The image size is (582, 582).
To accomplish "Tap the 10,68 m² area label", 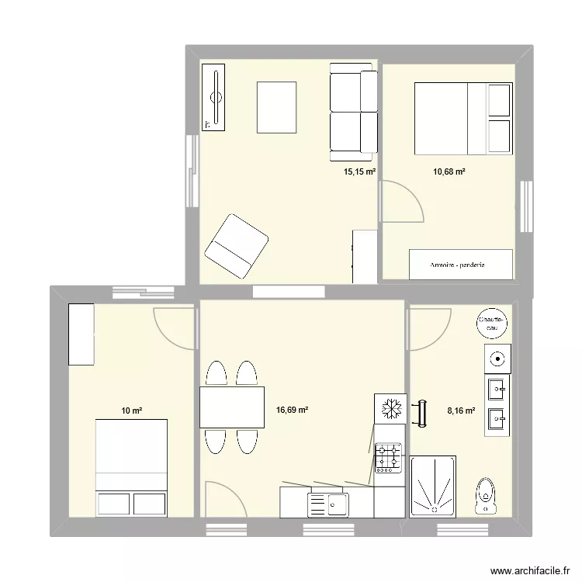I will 449,171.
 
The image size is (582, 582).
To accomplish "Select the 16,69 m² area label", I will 292,411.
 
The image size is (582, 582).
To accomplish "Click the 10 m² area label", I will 130,411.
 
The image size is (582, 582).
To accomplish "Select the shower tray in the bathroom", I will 433,487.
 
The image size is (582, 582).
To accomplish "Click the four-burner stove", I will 389,457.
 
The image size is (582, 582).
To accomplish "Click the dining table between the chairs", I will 232,407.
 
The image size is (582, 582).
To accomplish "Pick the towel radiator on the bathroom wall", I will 422,413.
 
